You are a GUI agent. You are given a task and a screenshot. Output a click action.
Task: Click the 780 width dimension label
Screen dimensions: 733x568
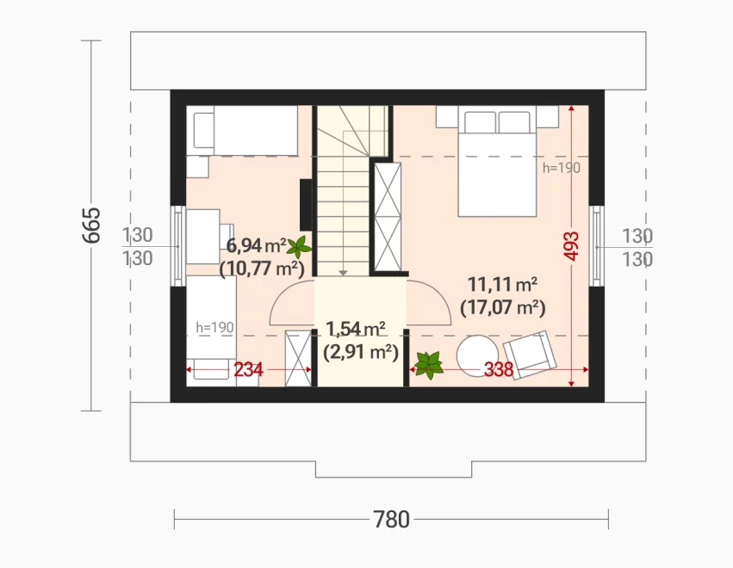(391, 519)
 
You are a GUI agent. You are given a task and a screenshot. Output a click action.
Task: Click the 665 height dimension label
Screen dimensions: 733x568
(91, 225)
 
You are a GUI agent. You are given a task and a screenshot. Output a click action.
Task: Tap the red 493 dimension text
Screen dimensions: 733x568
(571, 245)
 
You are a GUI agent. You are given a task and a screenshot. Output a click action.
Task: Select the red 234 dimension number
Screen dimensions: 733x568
(248, 370)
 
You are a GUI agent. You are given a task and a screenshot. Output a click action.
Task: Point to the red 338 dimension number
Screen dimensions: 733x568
(499, 370)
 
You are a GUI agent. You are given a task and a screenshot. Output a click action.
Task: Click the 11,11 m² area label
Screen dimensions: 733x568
(502, 284)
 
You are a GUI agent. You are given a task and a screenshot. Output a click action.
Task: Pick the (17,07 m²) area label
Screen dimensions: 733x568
(502, 308)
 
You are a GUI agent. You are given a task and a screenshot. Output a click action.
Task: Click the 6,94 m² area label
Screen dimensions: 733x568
(256, 244)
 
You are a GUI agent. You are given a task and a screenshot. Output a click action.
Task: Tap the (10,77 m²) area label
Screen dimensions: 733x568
(262, 269)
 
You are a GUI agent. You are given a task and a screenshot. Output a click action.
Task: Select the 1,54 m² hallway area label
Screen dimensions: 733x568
(356, 329)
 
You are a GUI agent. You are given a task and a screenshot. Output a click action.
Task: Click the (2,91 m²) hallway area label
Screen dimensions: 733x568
(360, 352)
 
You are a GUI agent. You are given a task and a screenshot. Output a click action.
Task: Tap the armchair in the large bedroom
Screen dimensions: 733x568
(529, 355)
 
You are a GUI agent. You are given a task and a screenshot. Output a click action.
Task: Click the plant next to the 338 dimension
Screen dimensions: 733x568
(429, 365)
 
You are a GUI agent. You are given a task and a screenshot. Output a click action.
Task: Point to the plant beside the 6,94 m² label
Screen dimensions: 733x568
(299, 247)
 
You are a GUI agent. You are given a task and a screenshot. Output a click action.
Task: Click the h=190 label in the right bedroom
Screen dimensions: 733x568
(562, 168)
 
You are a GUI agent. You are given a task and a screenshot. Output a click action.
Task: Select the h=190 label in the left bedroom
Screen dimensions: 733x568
(214, 327)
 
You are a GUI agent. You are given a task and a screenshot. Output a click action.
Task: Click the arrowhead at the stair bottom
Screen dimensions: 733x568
(344, 273)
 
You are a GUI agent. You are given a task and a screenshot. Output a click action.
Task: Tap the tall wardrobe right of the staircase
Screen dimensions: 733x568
(388, 217)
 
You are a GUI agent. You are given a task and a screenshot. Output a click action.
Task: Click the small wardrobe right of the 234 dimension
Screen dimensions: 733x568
(298, 358)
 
